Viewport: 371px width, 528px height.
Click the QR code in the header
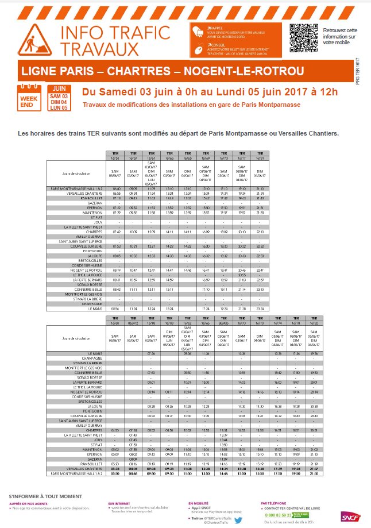tap(303, 36)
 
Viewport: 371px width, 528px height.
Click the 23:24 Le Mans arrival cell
tap(260, 309)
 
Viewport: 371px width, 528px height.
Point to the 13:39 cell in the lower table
tap(223, 435)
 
